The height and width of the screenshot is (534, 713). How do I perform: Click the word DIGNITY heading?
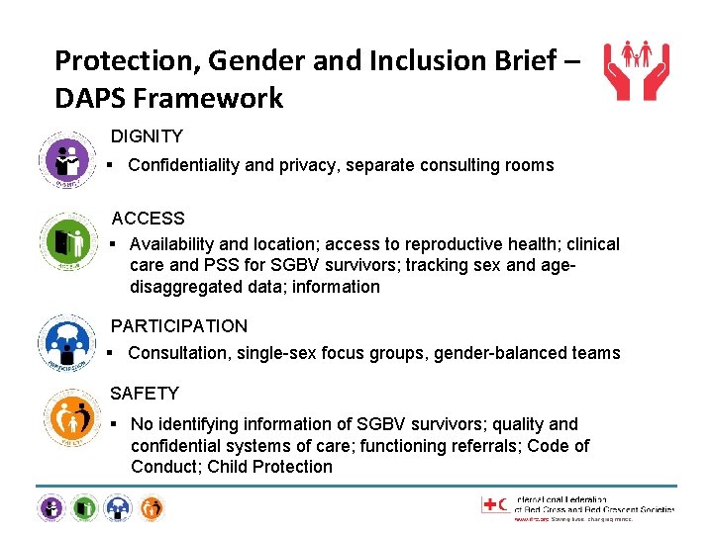point(147,135)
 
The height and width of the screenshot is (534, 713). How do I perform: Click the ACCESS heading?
point(148,218)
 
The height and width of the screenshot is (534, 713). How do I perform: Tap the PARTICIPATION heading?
point(179,325)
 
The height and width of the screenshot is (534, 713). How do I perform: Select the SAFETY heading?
point(145,394)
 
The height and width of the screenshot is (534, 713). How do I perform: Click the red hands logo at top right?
point(637,70)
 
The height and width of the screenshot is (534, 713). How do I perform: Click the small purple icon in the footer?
point(51,508)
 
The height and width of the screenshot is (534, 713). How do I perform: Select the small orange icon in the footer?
point(151,508)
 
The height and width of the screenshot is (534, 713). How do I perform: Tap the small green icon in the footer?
point(84,508)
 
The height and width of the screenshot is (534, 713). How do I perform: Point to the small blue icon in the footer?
point(118,508)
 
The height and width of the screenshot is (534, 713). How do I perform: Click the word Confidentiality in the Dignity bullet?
point(183,165)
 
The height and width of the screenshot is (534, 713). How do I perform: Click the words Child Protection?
point(270,467)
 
